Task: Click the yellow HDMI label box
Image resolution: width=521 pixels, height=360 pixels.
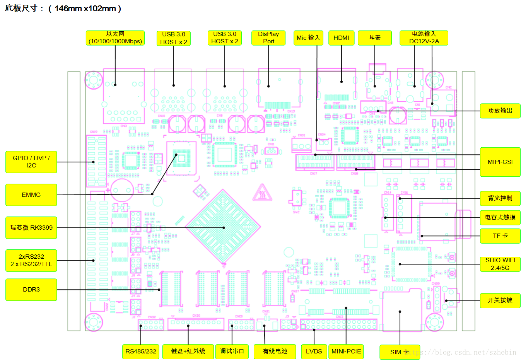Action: [x=341, y=38]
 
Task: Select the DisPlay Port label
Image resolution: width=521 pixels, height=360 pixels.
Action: [x=268, y=38]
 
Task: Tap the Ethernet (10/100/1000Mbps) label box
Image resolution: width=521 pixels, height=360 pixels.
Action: [x=115, y=38]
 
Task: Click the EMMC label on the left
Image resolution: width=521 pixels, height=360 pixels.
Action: [x=31, y=195]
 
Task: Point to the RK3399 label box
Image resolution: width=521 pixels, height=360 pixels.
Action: [x=31, y=228]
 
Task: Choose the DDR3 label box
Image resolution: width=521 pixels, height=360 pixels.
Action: [x=31, y=290]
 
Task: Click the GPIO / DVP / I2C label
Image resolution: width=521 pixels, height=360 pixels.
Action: [x=31, y=162]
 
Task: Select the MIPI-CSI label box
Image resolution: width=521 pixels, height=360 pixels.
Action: [x=500, y=162]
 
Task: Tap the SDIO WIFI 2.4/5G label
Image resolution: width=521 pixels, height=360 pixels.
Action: [x=500, y=264]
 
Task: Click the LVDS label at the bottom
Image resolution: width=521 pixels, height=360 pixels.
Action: [x=314, y=351]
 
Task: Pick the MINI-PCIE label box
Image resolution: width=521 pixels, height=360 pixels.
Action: [x=346, y=351]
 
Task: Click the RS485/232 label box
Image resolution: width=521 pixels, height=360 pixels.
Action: [x=141, y=351]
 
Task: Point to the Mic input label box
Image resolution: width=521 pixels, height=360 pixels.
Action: [x=308, y=38]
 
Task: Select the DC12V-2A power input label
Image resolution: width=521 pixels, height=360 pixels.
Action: [x=424, y=38]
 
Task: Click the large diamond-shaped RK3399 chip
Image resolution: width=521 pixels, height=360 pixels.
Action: [x=223, y=227]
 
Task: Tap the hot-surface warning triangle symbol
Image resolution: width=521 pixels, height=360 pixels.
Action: [x=262, y=193]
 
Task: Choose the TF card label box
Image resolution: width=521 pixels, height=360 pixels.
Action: [x=500, y=236]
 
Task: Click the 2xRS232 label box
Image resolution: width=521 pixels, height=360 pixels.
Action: [x=31, y=260]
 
